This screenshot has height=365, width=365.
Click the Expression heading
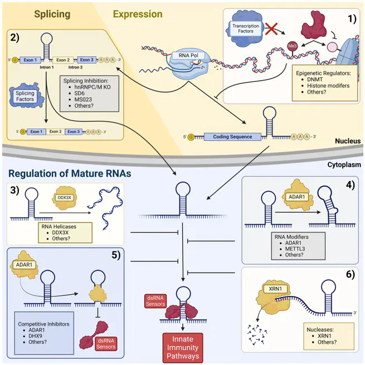pos(138,14)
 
